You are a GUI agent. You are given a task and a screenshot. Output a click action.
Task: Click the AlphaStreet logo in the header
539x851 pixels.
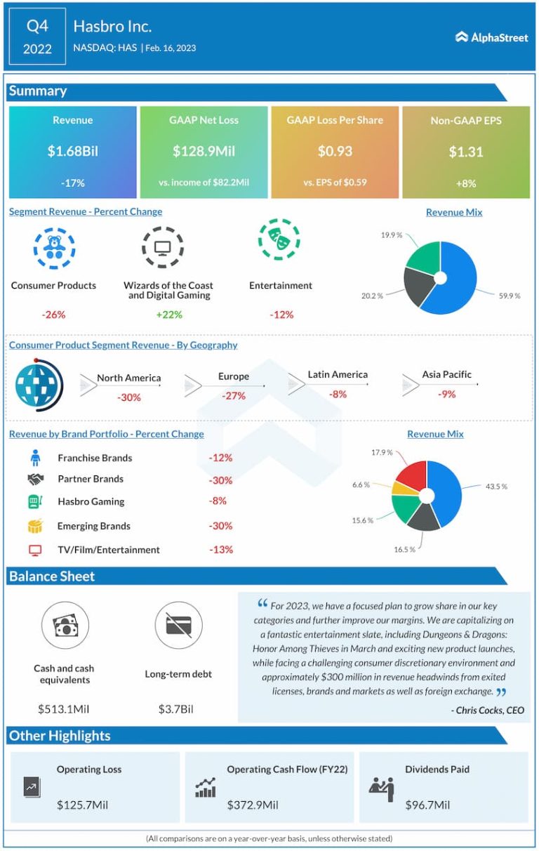491,37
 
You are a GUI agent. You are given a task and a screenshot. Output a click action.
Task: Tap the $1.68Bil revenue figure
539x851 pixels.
72,151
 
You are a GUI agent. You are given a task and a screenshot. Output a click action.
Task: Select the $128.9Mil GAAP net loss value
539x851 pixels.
204,151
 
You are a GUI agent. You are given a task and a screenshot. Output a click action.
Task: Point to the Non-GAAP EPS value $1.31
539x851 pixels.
466,151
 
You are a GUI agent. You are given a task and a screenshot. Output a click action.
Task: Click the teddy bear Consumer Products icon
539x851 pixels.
54,247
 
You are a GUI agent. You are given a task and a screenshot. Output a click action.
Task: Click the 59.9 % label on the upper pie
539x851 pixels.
509,296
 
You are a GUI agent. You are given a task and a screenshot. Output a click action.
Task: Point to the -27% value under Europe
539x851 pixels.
233,396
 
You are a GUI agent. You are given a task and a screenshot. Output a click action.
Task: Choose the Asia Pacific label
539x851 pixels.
447,374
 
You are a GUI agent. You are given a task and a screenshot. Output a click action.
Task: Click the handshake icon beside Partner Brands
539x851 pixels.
36,479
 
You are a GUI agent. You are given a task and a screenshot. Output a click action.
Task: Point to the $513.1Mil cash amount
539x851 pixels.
63,708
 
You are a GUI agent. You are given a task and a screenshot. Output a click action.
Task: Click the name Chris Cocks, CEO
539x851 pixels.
487,710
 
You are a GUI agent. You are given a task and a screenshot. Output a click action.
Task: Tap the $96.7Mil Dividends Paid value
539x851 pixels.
427,805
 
